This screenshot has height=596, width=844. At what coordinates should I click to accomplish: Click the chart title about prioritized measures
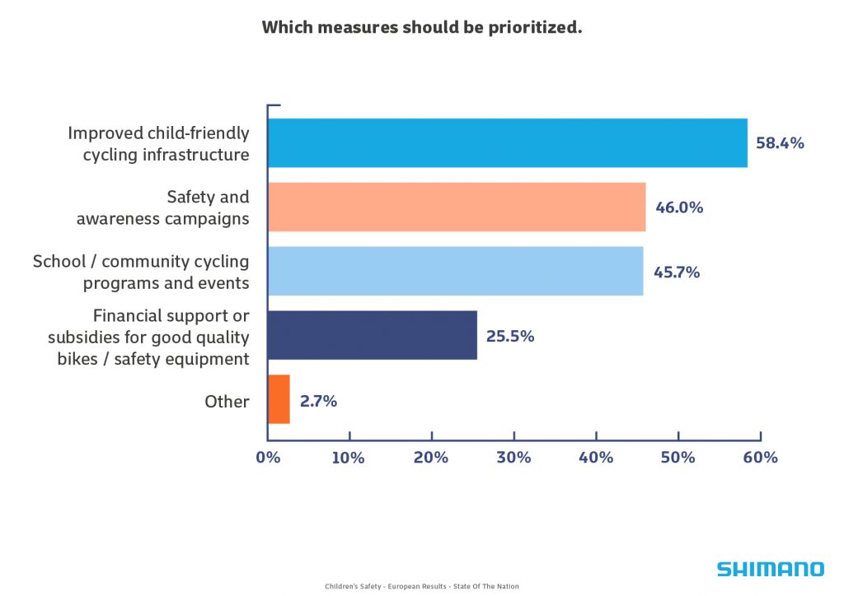pyautogui.click(x=422, y=27)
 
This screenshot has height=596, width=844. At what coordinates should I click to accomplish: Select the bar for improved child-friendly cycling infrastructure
pyautogui.click(x=507, y=143)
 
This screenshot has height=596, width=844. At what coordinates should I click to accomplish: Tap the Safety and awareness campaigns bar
pyautogui.click(x=457, y=207)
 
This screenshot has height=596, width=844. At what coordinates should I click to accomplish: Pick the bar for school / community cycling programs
pyautogui.click(x=455, y=271)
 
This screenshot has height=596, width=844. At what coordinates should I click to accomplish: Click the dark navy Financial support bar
pyautogui.click(x=373, y=335)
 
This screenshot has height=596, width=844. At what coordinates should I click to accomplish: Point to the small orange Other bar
pyautogui.click(x=279, y=399)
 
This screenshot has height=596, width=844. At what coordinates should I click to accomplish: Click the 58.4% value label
pyautogui.click(x=780, y=143)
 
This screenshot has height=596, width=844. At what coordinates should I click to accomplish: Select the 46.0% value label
pyautogui.click(x=679, y=207)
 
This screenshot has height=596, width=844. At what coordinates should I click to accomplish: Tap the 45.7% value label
pyautogui.click(x=677, y=272)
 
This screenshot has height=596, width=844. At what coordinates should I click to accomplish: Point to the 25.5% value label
pyautogui.click(x=510, y=336)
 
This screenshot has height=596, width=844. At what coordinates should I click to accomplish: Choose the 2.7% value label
pyautogui.click(x=318, y=401)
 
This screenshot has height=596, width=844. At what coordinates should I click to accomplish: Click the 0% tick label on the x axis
pyautogui.click(x=268, y=458)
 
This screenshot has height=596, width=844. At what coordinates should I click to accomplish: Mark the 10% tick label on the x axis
pyautogui.click(x=349, y=458)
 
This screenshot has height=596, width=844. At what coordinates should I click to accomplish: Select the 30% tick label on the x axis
pyautogui.click(x=513, y=458)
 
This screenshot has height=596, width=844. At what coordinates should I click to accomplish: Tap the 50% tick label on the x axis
pyautogui.click(x=678, y=458)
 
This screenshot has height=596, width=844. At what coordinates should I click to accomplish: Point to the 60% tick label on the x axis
pyautogui.click(x=760, y=458)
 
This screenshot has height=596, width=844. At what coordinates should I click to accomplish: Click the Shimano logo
pyautogui.click(x=769, y=569)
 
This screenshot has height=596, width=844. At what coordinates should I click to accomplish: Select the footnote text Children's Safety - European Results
pyautogui.click(x=422, y=586)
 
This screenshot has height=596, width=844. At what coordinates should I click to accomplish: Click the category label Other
pyautogui.click(x=227, y=402)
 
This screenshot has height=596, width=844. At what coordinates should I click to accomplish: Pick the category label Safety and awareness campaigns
pyautogui.click(x=163, y=207)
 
